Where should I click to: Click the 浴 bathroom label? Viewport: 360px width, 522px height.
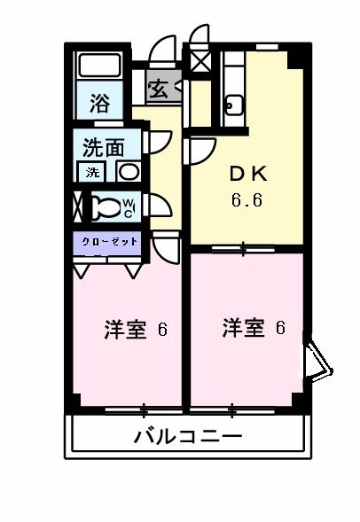point(101,103)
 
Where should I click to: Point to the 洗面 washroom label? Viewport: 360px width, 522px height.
point(104,146)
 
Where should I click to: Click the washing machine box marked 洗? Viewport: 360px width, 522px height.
point(93,172)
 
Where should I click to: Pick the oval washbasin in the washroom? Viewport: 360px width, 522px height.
point(129,172)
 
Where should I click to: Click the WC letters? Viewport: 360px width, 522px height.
point(128,208)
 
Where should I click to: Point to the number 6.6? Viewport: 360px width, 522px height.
point(247,199)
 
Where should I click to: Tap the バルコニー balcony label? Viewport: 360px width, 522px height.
point(188,436)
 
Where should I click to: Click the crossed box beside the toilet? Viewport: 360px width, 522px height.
point(79,207)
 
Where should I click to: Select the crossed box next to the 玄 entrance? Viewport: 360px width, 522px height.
point(199,63)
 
